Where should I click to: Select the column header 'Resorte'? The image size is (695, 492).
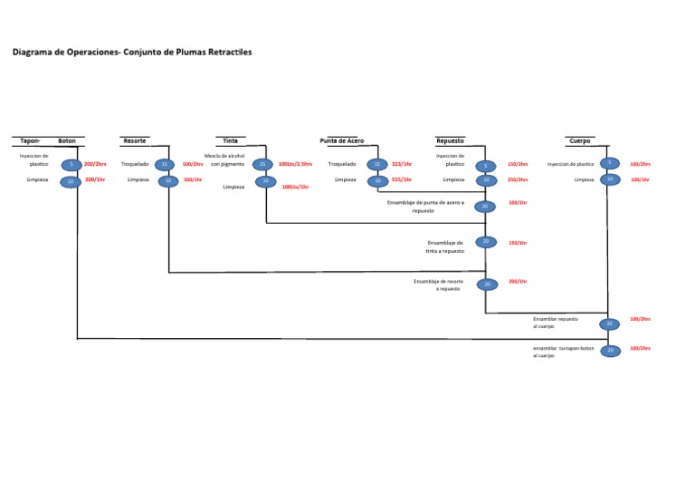click(135, 141)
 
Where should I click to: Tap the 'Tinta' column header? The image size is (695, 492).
click(231, 141)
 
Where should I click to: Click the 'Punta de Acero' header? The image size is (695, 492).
click(342, 141)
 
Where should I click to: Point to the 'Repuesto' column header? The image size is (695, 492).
click(450, 141)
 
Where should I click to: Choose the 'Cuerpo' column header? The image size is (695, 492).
click(579, 141)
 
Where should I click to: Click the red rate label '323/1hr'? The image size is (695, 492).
click(402, 164)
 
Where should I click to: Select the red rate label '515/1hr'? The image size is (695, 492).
click(402, 179)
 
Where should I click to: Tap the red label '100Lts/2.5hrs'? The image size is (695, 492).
click(295, 164)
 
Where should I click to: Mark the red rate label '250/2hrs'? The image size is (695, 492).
click(518, 179)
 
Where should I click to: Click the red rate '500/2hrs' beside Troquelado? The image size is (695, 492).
click(193, 164)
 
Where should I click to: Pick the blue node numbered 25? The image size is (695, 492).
click(262, 164)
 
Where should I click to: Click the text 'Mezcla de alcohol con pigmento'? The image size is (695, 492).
click(224, 160)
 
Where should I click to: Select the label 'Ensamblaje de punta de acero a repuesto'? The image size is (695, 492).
click(424, 207)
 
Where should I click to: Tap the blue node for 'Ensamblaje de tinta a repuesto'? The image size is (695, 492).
click(486, 242)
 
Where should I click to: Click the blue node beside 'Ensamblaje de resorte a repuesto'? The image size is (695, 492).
click(487, 285)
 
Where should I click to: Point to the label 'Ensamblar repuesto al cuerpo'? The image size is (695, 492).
click(555, 323)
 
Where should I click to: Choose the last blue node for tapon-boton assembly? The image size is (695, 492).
click(611, 351)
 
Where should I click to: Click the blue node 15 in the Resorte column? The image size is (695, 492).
click(164, 164)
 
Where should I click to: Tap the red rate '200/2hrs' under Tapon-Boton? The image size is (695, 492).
click(95, 164)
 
